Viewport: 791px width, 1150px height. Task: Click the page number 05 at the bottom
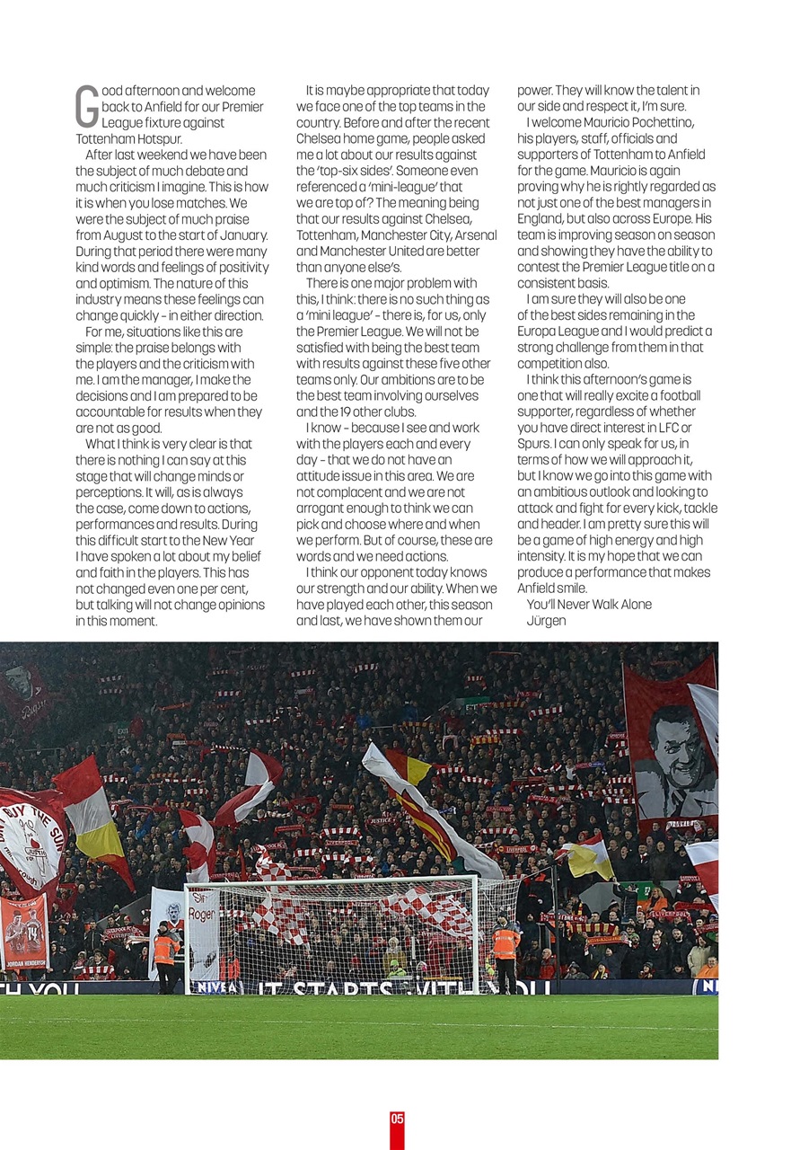[397, 1119]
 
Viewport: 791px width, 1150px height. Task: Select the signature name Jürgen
[546, 620]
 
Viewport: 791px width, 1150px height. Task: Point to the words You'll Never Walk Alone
[589, 604]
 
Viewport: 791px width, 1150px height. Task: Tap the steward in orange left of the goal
[165, 954]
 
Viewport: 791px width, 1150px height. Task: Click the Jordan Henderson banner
[23, 933]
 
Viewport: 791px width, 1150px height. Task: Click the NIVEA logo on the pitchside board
[216, 986]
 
